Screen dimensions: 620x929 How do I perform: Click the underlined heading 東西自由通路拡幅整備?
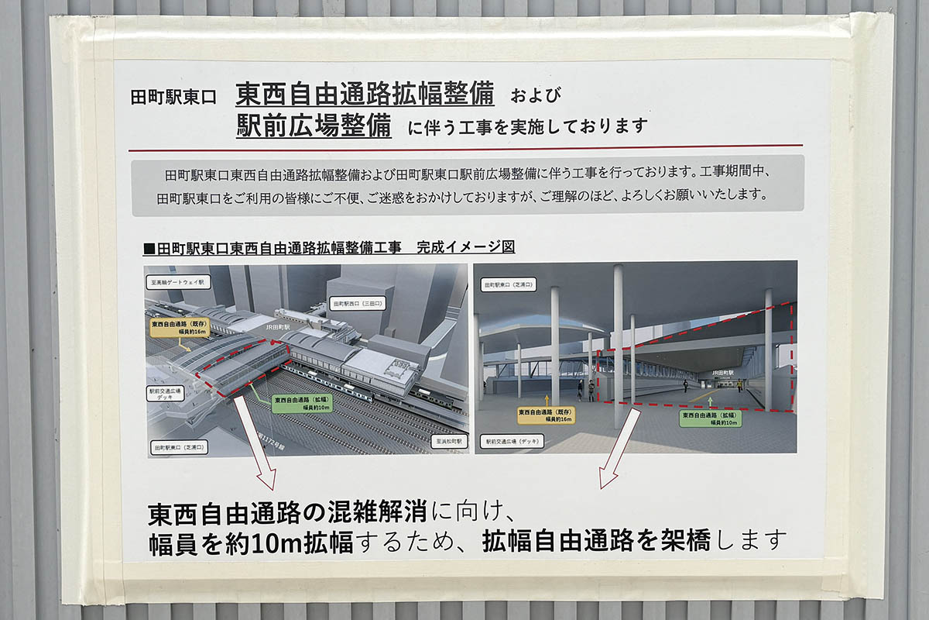(365, 95)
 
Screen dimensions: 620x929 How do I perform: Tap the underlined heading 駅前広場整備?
(314, 125)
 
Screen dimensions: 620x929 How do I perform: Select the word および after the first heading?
(535, 96)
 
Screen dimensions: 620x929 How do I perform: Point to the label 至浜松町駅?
(447, 442)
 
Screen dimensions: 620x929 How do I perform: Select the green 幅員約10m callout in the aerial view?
(302, 404)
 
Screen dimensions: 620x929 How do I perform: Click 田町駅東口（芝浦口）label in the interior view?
(515, 285)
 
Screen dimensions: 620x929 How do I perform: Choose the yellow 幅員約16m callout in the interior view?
(547, 415)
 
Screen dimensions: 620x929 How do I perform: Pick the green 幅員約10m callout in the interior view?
(710, 418)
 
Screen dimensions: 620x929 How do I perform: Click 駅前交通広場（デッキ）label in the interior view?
(513, 442)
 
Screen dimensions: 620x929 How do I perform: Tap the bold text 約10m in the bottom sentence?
(252, 540)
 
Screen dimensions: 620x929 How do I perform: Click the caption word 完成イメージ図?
(465, 247)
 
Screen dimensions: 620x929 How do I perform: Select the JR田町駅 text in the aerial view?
(277, 327)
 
